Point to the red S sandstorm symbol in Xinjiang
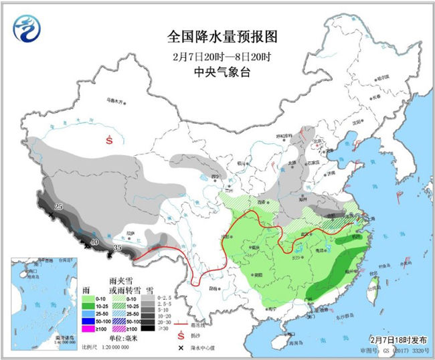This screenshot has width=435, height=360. (110, 140)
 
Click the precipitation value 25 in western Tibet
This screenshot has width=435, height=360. (58, 207)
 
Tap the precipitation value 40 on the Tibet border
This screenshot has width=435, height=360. (94, 242)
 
